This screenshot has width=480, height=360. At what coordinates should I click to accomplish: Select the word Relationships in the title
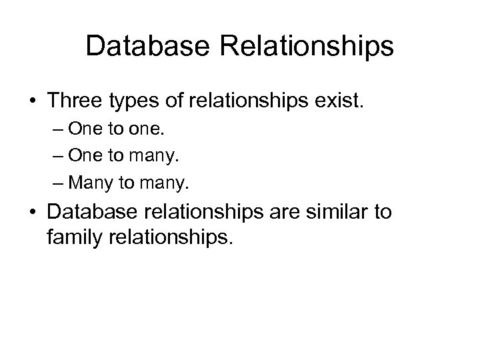[317, 47]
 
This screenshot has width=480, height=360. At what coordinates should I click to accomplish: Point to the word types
[136, 102]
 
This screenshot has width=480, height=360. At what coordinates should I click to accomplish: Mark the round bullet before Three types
[31, 102]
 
